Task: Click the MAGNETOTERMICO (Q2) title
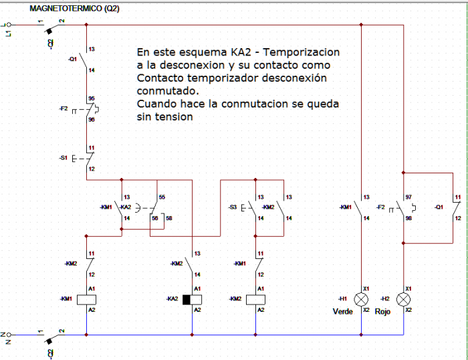[x=75, y=9]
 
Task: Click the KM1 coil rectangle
[x=86, y=298]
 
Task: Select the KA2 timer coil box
[x=192, y=298]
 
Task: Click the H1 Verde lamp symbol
[x=361, y=298]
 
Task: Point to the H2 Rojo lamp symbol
[x=404, y=298]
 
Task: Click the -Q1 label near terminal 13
[x=72, y=59]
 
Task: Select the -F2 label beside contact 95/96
[x=64, y=107]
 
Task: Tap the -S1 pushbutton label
[x=63, y=158]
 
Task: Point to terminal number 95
[x=91, y=98]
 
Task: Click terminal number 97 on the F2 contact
[x=409, y=197]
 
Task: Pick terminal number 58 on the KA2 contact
[x=168, y=219]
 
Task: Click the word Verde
[x=342, y=312]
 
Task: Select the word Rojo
[x=382, y=312]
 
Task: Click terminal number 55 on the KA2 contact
[x=161, y=197]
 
